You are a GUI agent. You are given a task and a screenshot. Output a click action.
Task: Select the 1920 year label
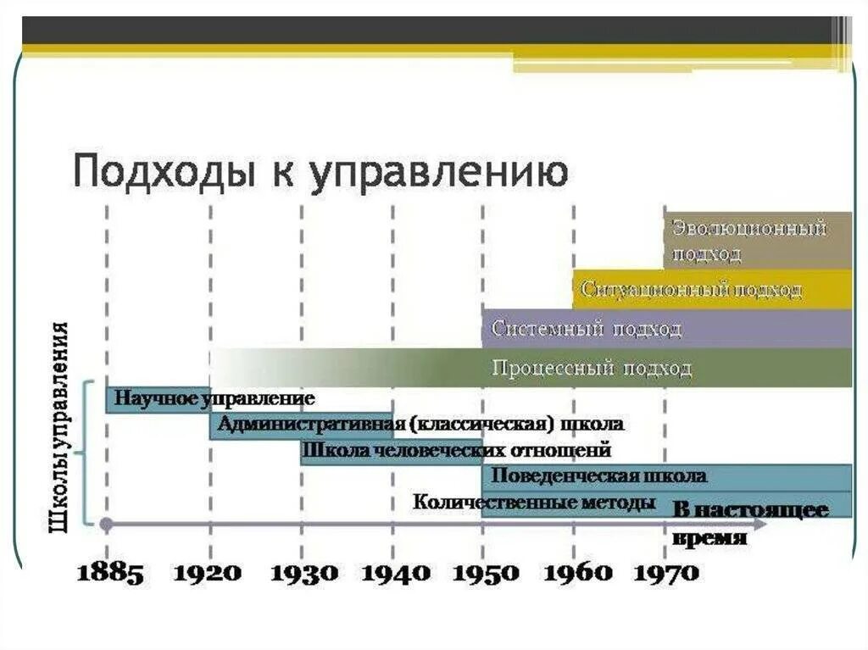tap(207, 573)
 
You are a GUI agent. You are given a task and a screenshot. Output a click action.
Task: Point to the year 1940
tap(396, 573)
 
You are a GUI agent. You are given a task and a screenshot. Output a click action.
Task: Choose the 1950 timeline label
tap(486, 573)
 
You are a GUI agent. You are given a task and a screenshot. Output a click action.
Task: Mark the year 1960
tap(577, 573)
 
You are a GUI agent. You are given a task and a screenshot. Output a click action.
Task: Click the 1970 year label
tap(665, 573)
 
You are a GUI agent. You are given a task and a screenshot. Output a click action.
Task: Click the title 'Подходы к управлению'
tap(320, 173)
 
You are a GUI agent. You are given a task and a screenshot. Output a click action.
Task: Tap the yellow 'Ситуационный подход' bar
tap(713, 290)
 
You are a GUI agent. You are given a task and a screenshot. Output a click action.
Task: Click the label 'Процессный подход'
tap(592, 369)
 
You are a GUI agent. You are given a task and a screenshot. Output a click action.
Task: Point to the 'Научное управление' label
tap(214, 398)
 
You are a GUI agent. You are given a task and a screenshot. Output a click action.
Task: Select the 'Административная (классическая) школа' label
tap(420, 424)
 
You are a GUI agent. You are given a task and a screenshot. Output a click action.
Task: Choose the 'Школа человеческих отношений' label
tap(455, 451)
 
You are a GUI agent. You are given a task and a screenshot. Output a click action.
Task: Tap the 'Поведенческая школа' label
tap(598, 476)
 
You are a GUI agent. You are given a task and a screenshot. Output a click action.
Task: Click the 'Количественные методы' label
tap(534, 503)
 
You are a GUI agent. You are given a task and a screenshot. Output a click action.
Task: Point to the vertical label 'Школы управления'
tap(59, 427)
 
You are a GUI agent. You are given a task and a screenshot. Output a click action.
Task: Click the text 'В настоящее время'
tap(750, 524)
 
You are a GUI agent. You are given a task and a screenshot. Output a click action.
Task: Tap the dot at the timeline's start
tap(106, 524)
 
